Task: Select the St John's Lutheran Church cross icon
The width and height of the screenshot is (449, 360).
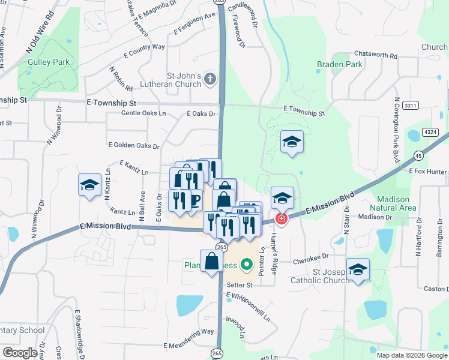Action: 210,78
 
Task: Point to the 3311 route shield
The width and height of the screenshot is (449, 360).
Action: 410,105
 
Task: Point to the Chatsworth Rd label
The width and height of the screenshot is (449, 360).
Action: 376,55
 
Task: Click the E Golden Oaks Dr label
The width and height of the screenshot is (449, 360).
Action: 134,145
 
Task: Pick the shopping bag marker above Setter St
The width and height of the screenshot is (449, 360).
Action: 212,261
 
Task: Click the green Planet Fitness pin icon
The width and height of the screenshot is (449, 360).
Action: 246,264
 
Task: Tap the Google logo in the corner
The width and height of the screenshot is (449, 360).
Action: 20,353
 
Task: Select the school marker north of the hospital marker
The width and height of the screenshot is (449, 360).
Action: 292,142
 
